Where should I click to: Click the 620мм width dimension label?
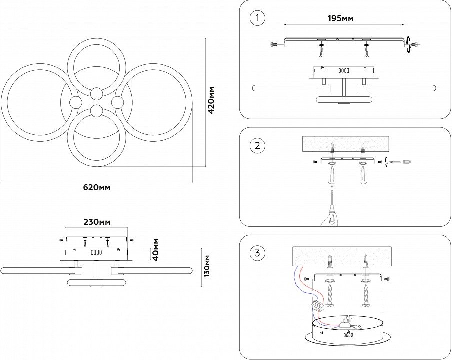[x=97, y=188]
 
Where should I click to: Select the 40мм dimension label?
[x=156, y=249]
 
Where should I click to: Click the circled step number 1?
[x=257, y=19]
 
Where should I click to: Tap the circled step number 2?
[x=257, y=146]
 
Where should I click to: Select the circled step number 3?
[x=257, y=253]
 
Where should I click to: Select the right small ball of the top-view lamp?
[x=118, y=102]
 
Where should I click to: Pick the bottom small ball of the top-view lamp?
[x=96, y=110]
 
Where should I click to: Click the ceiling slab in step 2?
[x=346, y=145]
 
